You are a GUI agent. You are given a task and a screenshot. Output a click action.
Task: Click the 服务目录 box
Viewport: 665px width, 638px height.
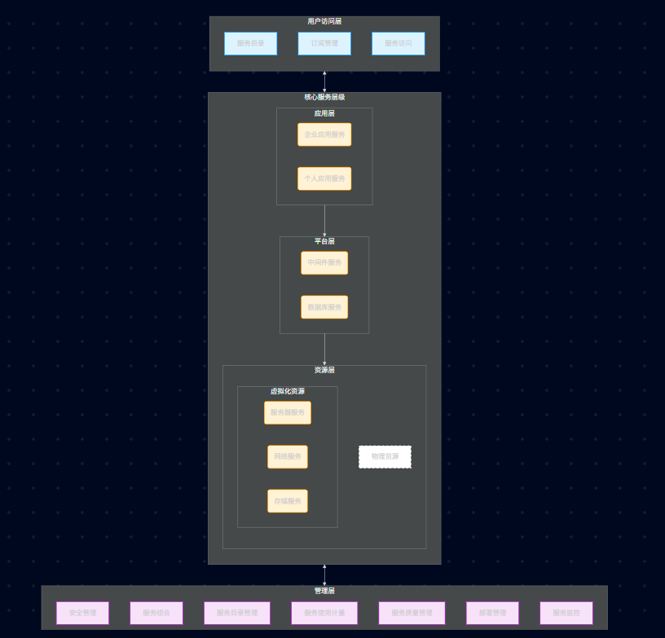click(x=250, y=43)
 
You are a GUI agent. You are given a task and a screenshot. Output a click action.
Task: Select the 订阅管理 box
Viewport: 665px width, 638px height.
click(x=324, y=43)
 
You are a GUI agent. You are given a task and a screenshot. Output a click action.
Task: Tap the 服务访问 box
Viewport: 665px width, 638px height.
click(x=398, y=43)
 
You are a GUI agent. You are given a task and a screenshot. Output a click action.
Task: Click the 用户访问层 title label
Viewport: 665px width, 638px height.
click(x=324, y=21)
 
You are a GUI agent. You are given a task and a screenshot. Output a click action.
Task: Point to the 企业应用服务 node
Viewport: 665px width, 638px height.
click(x=324, y=134)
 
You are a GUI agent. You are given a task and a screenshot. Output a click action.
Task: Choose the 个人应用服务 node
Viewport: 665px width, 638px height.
click(x=324, y=178)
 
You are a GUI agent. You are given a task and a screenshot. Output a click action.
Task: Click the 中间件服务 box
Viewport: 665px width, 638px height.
click(x=324, y=263)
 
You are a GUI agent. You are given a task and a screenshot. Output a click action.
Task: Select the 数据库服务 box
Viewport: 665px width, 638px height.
click(x=324, y=307)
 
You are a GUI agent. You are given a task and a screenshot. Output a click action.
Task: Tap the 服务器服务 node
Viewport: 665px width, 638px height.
click(x=288, y=412)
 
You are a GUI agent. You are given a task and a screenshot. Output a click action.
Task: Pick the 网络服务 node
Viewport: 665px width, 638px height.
click(x=288, y=456)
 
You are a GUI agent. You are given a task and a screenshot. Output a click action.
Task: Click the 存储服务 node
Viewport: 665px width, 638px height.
click(x=288, y=501)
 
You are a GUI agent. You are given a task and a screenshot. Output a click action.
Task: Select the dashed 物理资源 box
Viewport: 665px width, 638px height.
click(x=385, y=456)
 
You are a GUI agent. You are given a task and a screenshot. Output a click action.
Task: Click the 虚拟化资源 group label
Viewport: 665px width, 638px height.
click(x=288, y=391)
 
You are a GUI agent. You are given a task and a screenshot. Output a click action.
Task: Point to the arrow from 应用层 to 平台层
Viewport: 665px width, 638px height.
click(x=324, y=221)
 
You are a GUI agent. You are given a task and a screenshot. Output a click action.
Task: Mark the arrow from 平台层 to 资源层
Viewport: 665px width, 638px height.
click(x=324, y=350)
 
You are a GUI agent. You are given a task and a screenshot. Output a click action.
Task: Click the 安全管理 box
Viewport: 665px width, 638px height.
click(x=82, y=613)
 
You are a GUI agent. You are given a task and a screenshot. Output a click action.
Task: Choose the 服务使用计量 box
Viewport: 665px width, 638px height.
click(x=324, y=613)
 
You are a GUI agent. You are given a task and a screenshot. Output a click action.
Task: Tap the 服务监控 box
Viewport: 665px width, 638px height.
click(x=566, y=613)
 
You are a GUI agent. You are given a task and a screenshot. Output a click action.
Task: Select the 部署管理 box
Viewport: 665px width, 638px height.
click(x=492, y=613)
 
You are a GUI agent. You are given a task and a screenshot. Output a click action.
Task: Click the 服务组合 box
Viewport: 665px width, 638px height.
click(x=156, y=613)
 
